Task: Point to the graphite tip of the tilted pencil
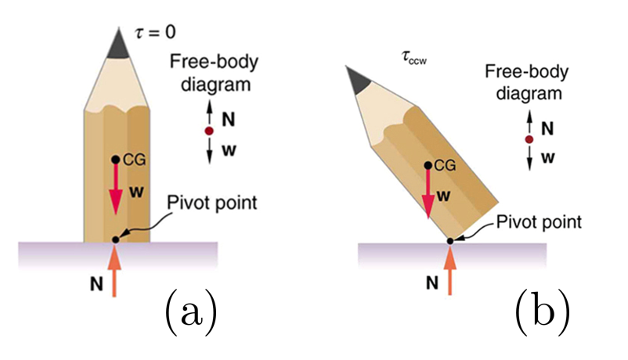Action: pos(358,79)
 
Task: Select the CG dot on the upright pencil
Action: pos(115,160)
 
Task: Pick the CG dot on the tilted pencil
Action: pos(428,165)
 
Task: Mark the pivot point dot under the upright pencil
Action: pos(115,239)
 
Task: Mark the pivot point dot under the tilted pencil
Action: pos(450,240)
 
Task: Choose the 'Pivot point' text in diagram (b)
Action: pos(540,221)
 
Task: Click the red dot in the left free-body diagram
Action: pos(209,131)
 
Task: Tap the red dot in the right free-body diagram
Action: pos(529,139)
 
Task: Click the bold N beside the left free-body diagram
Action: pos(228,120)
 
